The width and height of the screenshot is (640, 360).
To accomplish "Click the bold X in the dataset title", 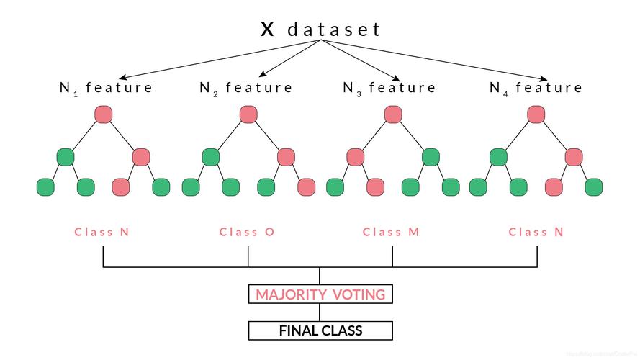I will click(x=267, y=30).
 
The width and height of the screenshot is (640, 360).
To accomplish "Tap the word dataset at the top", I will click(x=334, y=30).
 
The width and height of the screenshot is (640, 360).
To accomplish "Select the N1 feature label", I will click(x=106, y=88).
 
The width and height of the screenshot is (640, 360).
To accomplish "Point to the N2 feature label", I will click(x=246, y=88).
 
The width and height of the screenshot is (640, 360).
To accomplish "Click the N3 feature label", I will click(x=389, y=88).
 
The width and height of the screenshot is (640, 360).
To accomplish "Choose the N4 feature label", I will click(x=536, y=88).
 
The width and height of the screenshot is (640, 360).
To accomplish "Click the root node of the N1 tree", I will click(x=104, y=114).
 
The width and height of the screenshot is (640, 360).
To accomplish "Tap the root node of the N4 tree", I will click(x=536, y=114).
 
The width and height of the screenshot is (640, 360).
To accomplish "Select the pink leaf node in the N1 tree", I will click(x=121, y=187).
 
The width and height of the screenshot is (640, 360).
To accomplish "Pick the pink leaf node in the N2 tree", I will click(x=307, y=187).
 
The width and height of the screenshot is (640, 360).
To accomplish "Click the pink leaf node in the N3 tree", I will click(x=375, y=187).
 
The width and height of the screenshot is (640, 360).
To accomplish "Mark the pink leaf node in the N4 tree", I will click(x=554, y=187).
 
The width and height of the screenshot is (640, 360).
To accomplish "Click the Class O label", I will click(x=247, y=232).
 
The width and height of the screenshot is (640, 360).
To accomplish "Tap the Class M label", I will click(x=391, y=232).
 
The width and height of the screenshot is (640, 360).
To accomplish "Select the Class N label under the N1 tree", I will click(x=102, y=232).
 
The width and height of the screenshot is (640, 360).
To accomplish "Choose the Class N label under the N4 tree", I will click(x=536, y=232).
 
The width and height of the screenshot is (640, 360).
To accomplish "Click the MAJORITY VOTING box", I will click(x=320, y=294).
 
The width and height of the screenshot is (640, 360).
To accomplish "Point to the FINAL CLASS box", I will click(x=320, y=331).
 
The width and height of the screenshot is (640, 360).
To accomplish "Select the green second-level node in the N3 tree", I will click(x=431, y=156).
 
